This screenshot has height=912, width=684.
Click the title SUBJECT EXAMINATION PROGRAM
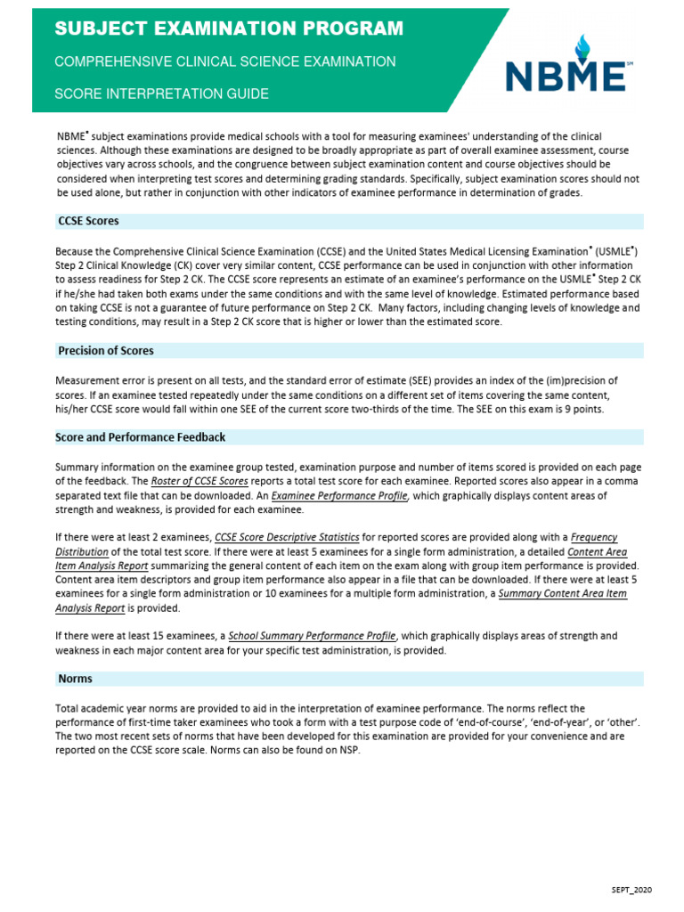[x=229, y=29]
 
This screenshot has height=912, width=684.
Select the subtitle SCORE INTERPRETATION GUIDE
[x=161, y=94]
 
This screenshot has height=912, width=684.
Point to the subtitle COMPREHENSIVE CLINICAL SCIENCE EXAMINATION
[x=225, y=61]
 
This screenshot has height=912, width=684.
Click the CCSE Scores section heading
[x=88, y=221]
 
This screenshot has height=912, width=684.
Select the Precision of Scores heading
[x=106, y=351]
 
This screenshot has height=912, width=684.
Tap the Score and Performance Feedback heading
[x=140, y=437]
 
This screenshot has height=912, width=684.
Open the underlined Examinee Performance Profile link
[x=339, y=496]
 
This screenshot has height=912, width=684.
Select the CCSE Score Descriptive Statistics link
[x=287, y=538]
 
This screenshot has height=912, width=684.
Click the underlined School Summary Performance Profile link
[x=312, y=636]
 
